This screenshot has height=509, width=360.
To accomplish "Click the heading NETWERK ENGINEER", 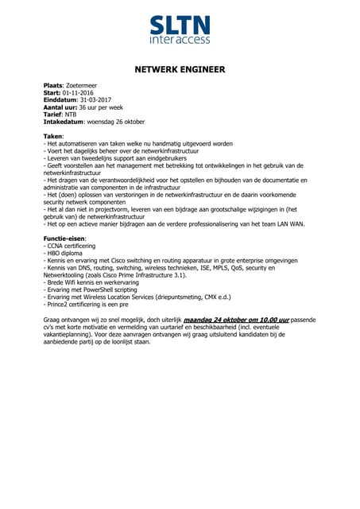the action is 179,70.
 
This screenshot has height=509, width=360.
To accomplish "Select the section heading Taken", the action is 52,137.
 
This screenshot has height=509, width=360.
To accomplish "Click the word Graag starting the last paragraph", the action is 52,319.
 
